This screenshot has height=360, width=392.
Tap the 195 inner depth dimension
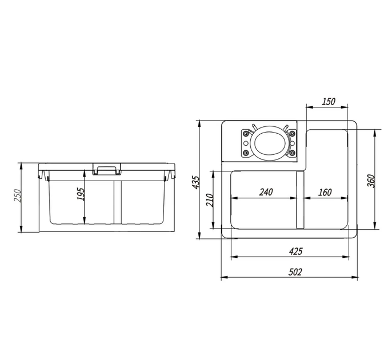point(81,194)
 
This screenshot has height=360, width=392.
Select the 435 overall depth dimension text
point(196,182)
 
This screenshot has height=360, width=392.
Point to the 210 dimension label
point(210,200)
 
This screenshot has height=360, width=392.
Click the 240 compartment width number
point(266,192)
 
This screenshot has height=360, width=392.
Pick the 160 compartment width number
point(325,192)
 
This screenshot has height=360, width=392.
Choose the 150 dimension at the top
point(328,102)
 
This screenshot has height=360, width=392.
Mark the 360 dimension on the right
point(371,181)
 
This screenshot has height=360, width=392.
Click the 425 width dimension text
point(295,251)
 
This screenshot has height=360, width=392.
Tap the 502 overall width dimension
point(295,272)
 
